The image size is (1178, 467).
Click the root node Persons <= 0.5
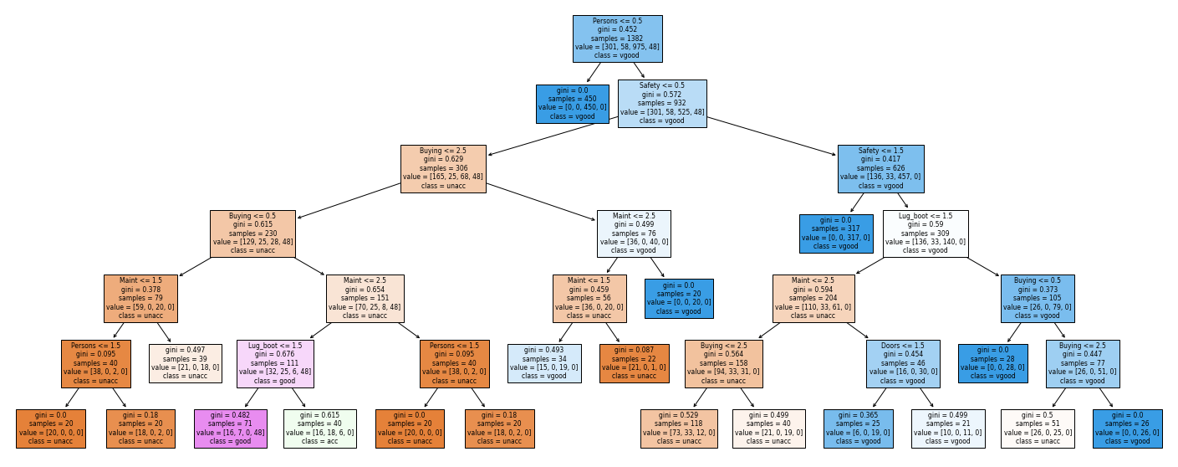coord(617,39)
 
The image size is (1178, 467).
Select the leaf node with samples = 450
coord(572,105)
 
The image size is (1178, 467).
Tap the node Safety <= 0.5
coord(662,104)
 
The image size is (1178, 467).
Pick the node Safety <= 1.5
coord(881,169)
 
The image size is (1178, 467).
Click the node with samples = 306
coord(443,169)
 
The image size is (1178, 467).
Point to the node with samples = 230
coord(252,233)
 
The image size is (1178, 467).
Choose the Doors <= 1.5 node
coord(903,364)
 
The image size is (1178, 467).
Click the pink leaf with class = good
coord(231,429)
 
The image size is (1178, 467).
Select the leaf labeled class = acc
coord(319,429)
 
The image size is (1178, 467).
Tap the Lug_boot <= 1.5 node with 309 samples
coord(926,233)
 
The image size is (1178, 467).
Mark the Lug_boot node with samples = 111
coord(275,364)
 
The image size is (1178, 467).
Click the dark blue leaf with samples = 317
coord(836,233)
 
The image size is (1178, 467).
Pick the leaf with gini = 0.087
coord(635,363)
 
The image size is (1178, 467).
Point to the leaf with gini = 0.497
coord(186,363)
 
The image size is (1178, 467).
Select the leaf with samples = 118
coord(679,429)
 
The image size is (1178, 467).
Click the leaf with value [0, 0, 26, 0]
coord(1128,429)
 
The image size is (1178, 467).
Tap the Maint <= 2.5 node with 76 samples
coord(634,233)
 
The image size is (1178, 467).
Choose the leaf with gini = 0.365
coord(859,429)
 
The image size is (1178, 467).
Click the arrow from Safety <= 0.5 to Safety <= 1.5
coord(772,136)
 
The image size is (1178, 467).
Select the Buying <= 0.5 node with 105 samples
coord(1038,299)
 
